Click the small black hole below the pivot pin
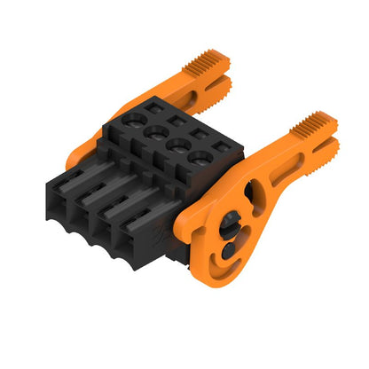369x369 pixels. [x=228, y=249]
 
